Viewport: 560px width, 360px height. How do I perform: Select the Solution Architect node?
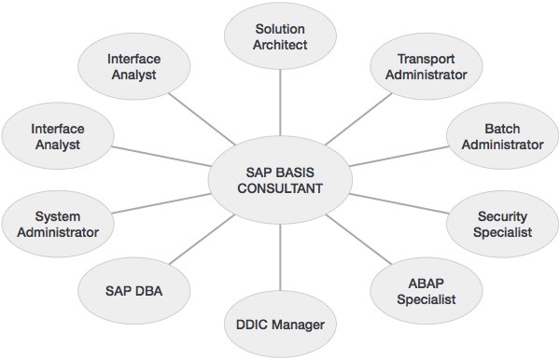point(280,37)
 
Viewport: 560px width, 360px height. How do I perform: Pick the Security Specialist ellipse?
point(503,224)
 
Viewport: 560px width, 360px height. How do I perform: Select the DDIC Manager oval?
point(280,325)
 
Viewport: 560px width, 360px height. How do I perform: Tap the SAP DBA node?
point(133,291)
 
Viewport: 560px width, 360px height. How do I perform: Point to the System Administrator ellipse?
point(59,224)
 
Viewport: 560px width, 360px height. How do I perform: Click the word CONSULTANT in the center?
point(280,189)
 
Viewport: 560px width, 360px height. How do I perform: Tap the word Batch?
point(502,129)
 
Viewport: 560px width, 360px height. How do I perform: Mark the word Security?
point(503,216)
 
